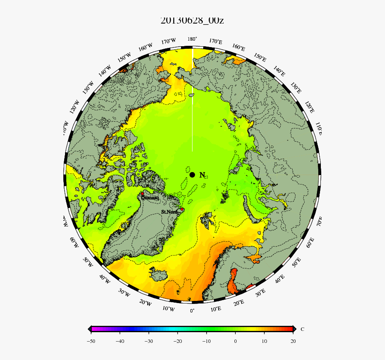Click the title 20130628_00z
click(x=192, y=20)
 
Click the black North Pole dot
click(x=192, y=175)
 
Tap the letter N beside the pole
click(x=202, y=175)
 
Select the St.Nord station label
click(x=169, y=212)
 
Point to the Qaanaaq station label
click(x=150, y=198)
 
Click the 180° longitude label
click(x=192, y=39)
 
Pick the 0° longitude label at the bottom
click(x=192, y=310)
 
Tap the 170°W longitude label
click(x=169, y=41)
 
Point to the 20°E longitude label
click(x=239, y=303)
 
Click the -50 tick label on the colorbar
click(x=91, y=341)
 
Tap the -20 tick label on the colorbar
click(x=178, y=341)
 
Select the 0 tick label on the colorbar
click(x=235, y=341)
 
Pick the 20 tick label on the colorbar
click(x=293, y=341)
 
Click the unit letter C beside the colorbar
click(x=302, y=329)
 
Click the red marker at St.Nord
click(x=182, y=209)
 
